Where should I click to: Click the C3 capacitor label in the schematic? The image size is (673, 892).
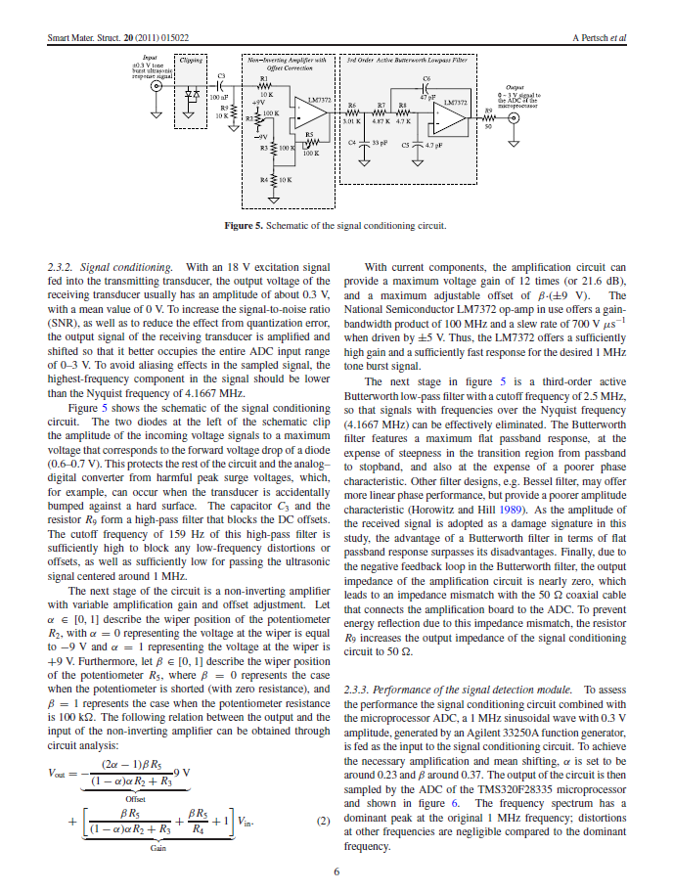click(x=221, y=75)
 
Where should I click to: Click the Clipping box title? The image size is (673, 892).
click(x=192, y=62)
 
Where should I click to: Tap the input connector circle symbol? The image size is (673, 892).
click(x=154, y=86)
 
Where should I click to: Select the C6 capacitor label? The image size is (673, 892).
click(x=426, y=77)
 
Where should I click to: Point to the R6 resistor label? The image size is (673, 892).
click(x=352, y=102)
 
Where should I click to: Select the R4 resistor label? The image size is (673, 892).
click(x=263, y=181)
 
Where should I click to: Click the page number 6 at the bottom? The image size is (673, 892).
click(x=336, y=873)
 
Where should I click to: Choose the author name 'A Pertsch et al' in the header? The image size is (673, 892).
click(x=599, y=38)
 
